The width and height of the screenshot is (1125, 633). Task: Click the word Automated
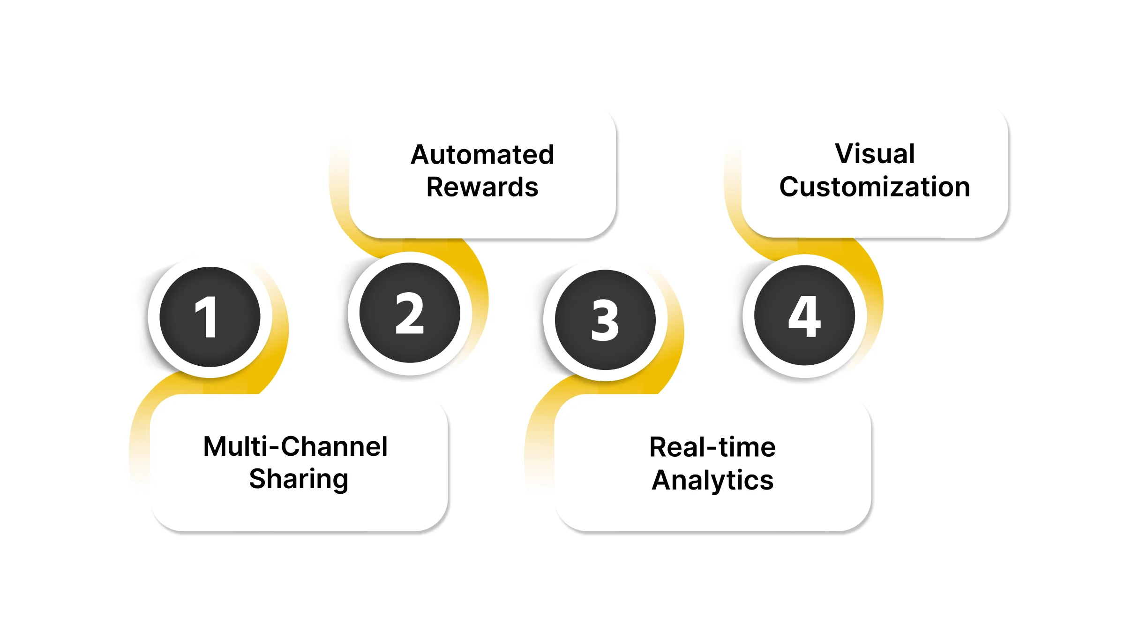[482, 155]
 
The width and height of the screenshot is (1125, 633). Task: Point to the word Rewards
[482, 187]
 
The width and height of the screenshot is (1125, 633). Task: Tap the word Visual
[875, 154]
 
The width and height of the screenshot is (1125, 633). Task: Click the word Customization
[875, 187]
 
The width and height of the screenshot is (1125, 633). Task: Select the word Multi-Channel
[295, 446]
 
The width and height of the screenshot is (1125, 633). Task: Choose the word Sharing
[299, 479]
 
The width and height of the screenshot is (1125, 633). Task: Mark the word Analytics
[712, 480]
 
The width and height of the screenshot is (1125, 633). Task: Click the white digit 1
[206, 317]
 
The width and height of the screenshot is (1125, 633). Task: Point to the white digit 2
[410, 313]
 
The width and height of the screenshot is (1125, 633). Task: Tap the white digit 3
[605, 320]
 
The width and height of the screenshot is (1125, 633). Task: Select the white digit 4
[804, 316]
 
